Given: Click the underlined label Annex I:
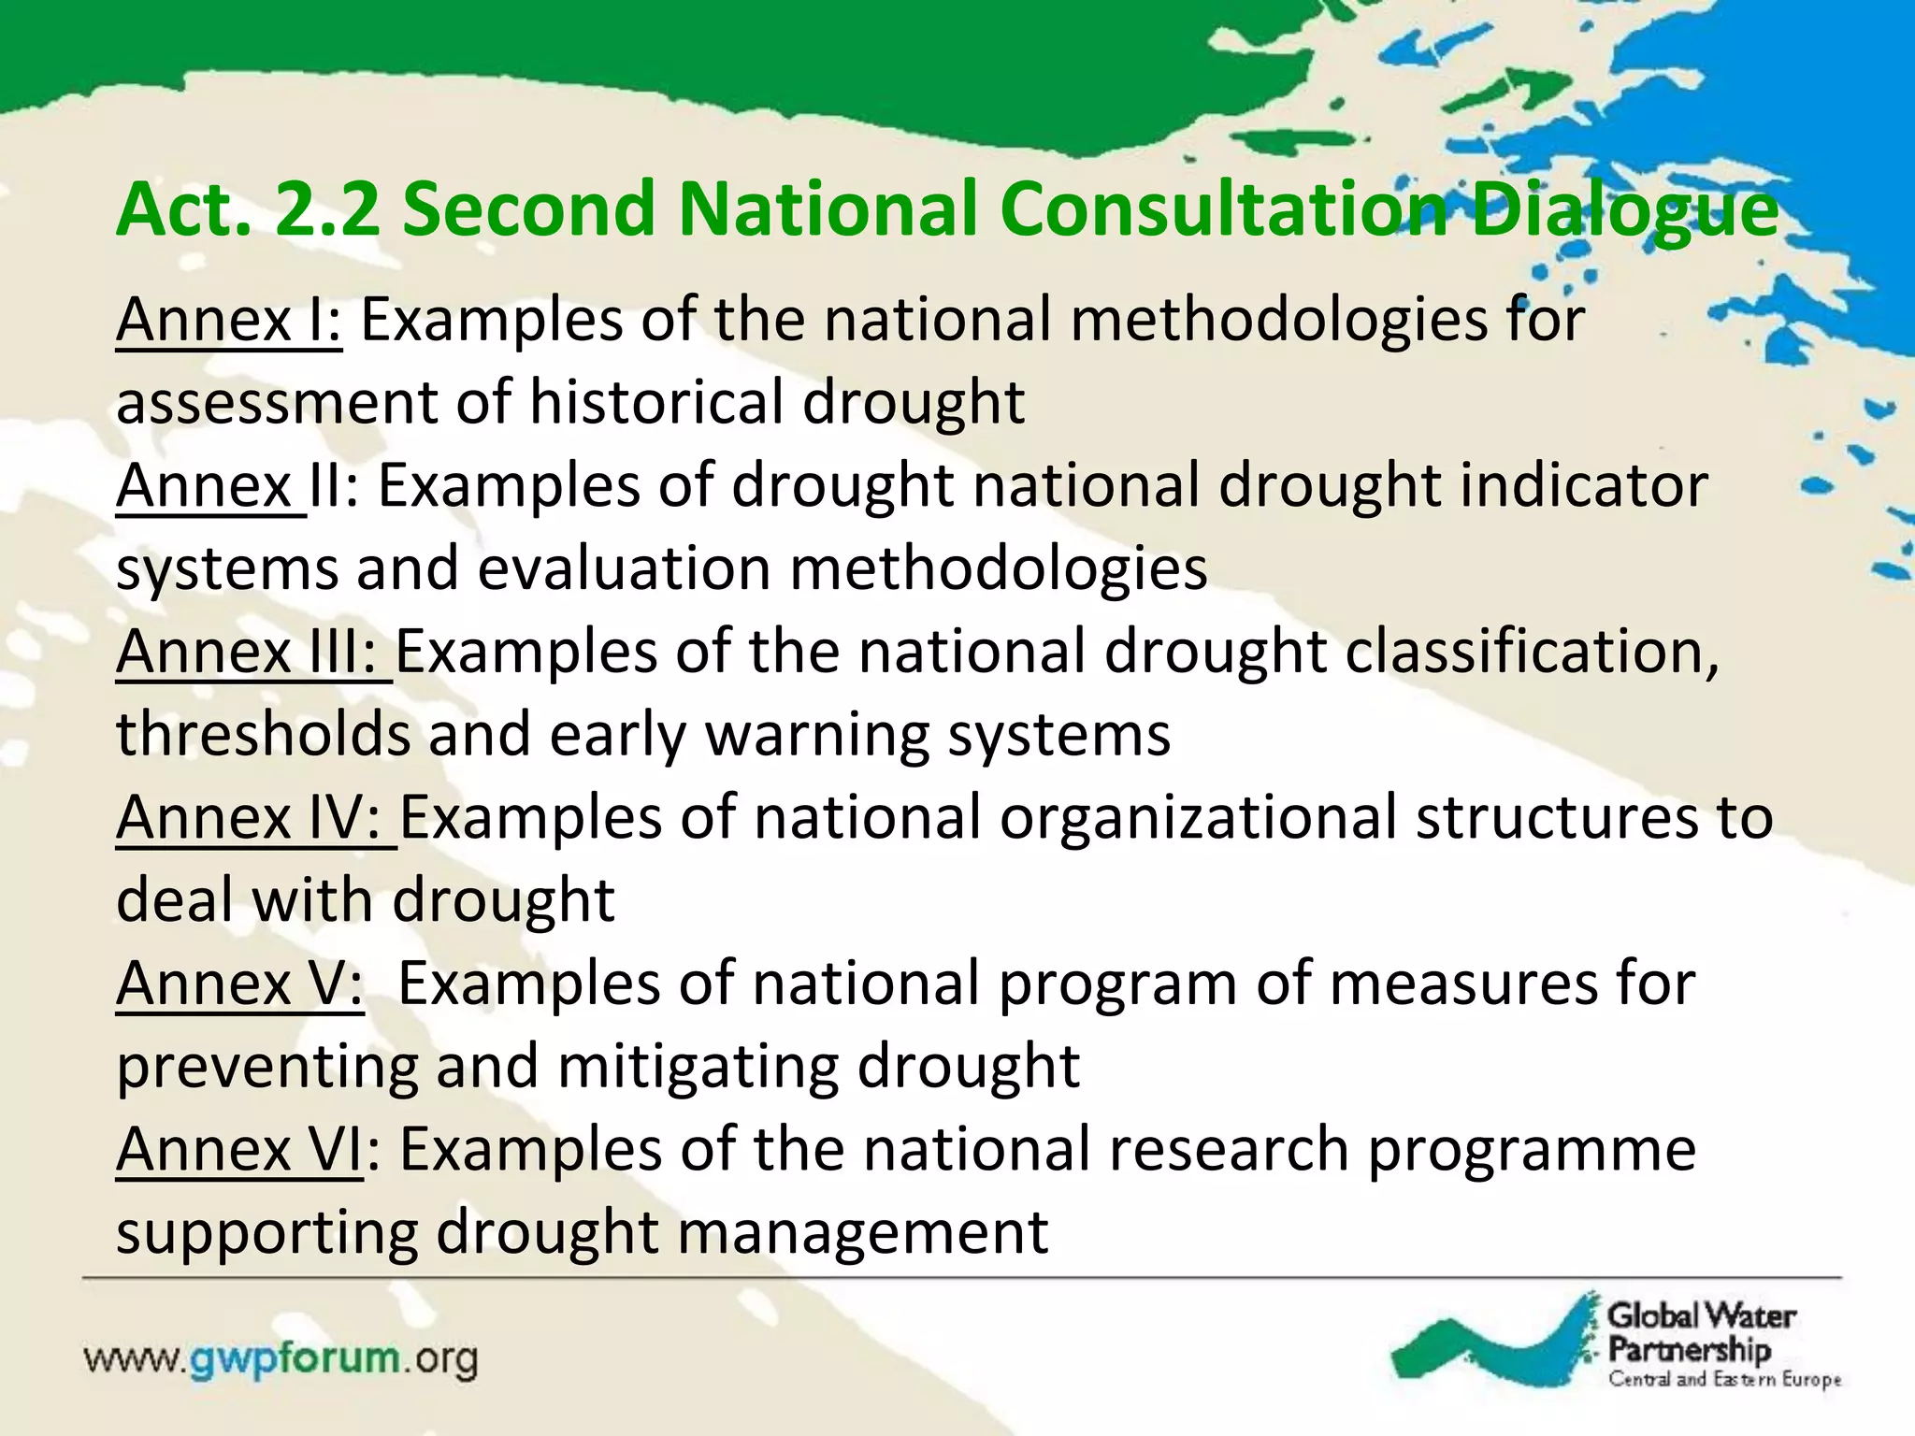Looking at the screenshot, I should [229, 321].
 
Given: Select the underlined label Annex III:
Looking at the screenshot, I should [253, 652].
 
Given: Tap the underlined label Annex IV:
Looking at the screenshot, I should [256, 818].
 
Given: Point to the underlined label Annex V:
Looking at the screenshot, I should [239, 984].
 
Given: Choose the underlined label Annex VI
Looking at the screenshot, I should [239, 1150].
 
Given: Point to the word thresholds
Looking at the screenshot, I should [264, 735].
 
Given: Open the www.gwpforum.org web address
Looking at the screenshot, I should [281, 1359].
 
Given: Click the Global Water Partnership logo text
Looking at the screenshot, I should [1700, 1332].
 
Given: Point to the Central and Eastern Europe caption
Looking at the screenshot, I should [1724, 1380].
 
